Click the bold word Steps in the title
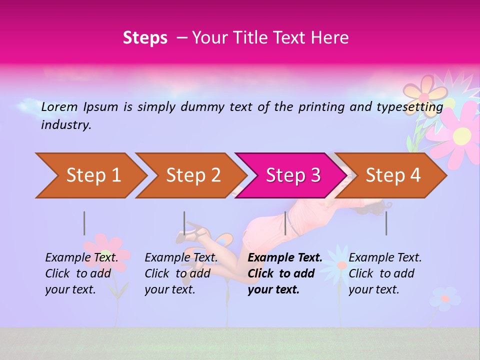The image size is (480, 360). click(x=145, y=38)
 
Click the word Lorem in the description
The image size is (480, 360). click(x=59, y=106)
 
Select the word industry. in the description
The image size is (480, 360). click(x=66, y=125)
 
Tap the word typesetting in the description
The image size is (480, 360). click(x=413, y=106)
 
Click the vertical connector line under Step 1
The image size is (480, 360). click(x=84, y=223)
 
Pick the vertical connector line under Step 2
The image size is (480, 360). click(x=184, y=223)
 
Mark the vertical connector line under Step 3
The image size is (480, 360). click(x=285, y=223)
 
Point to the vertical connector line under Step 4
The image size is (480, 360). click(x=386, y=223)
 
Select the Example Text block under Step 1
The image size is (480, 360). click(x=81, y=273)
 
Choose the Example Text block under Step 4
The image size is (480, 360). click(x=384, y=273)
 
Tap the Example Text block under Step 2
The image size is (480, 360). click(x=181, y=273)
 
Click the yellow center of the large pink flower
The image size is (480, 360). click(x=462, y=135)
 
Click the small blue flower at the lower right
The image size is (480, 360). click(x=444, y=298)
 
